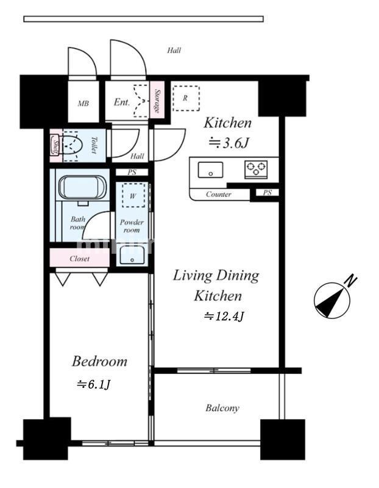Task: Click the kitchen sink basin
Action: pyautogui.click(x=210, y=170)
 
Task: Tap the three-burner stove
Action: pyautogui.click(x=256, y=170)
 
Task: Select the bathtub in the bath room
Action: pyautogui.click(x=82, y=187)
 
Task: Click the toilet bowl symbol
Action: pyautogui.click(x=72, y=146)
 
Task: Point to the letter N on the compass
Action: pyautogui.click(x=351, y=281)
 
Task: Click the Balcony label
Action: pyautogui.click(x=222, y=408)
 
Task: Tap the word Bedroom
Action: pyautogui.click(x=99, y=361)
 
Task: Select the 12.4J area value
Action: pyautogui.click(x=224, y=316)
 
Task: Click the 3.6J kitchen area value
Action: pyautogui.click(x=228, y=143)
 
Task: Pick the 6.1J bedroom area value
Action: pyautogui.click(x=93, y=385)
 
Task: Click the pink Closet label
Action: pyautogui.click(x=80, y=259)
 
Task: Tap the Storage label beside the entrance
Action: pyautogui.click(x=157, y=101)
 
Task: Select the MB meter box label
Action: pyautogui.click(x=83, y=103)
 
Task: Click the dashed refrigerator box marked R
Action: pyautogui.click(x=186, y=98)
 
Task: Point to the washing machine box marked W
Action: pyautogui.click(x=133, y=195)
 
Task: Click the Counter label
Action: pyautogui.click(x=219, y=194)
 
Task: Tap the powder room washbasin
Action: pyautogui.click(x=132, y=254)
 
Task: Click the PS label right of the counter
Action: pyautogui.click(x=267, y=193)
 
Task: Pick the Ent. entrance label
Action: pyautogui.click(x=122, y=102)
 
